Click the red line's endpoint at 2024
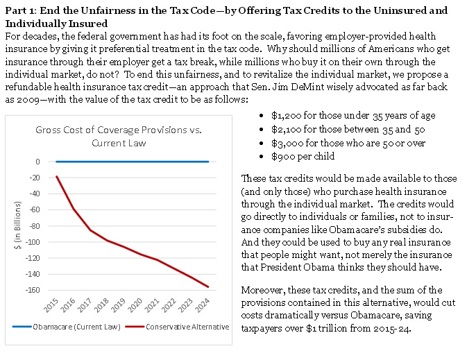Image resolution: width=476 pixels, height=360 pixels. tap(208, 286)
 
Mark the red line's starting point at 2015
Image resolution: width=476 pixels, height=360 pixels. tap(56, 176)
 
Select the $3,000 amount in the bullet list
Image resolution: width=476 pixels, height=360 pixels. tap(284, 143)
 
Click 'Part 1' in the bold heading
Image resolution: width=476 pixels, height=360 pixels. tap(21, 10)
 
